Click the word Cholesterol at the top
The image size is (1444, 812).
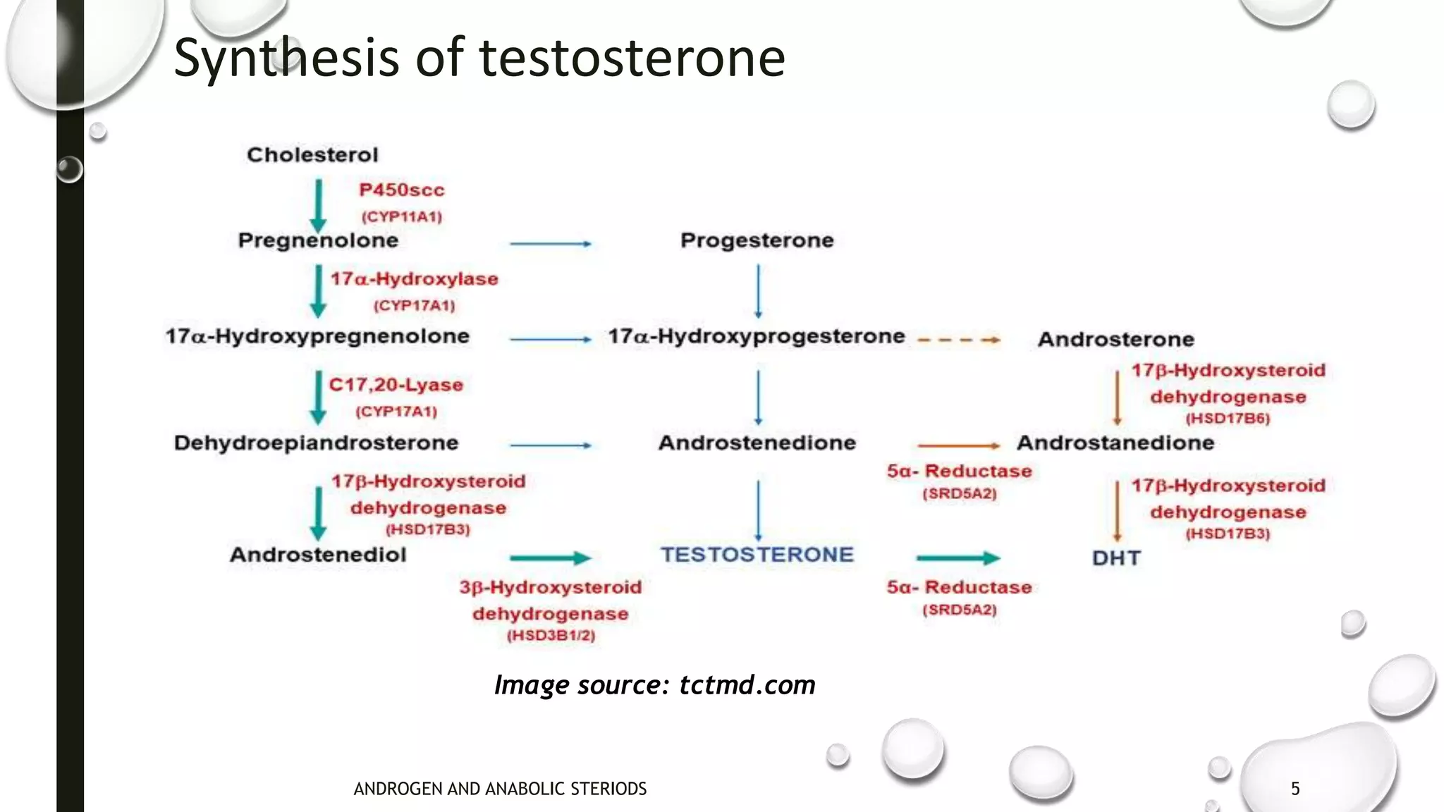(312, 155)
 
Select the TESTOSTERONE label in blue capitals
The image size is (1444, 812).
(757, 555)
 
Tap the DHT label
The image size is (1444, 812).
(1115, 558)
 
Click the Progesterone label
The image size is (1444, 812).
(757, 241)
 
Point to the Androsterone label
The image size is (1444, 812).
(1115, 340)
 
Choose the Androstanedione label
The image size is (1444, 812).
(1115, 443)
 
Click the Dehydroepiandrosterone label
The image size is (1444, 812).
(316, 443)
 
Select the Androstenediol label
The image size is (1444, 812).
(318, 555)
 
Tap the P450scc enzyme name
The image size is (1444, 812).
(401, 190)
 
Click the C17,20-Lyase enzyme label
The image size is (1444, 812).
(396, 386)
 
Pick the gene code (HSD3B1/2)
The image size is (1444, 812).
(551, 636)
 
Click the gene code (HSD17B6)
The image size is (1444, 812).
(1227, 419)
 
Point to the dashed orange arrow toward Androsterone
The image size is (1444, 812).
(958, 340)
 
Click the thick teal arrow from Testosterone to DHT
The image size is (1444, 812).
(957, 558)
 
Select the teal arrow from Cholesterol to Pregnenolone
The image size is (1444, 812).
(318, 205)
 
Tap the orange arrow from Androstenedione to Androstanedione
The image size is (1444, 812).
(958, 445)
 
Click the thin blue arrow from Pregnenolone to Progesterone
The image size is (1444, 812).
(550, 244)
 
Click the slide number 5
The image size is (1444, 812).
(1295, 789)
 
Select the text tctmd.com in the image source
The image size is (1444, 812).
(747, 685)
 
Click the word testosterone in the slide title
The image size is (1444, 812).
(632, 58)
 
